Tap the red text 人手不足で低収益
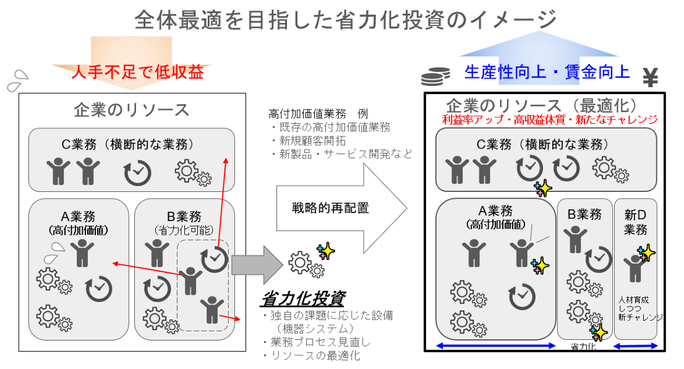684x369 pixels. (x=137, y=72)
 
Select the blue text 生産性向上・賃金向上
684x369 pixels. (x=547, y=72)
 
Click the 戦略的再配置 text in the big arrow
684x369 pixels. (x=330, y=208)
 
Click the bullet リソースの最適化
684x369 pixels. (x=311, y=355)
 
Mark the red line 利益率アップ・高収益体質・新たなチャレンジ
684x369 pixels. (x=550, y=119)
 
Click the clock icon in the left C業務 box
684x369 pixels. (x=137, y=173)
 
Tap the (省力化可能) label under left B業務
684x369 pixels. (x=184, y=230)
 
